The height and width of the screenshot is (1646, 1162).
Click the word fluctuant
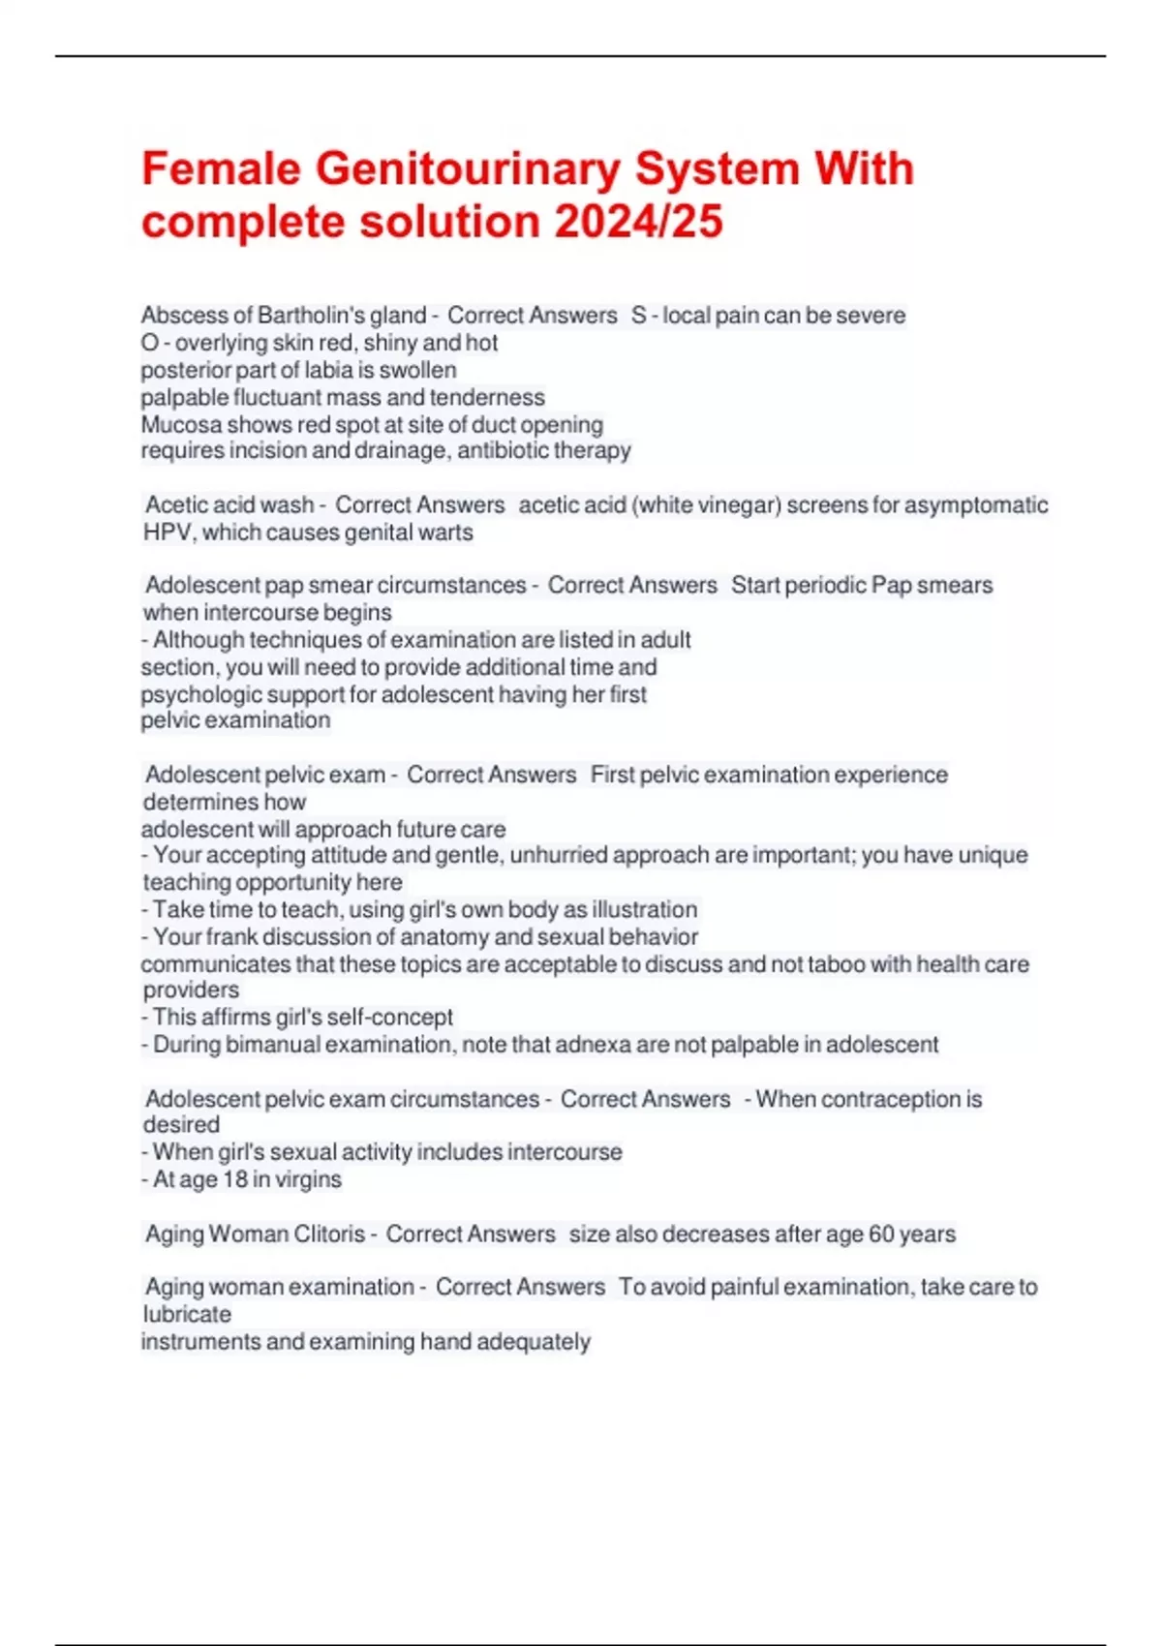tap(278, 398)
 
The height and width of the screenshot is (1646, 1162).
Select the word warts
tap(447, 533)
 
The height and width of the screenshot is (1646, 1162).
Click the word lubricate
tap(187, 1315)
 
